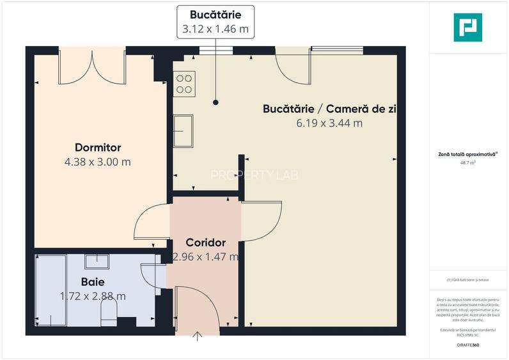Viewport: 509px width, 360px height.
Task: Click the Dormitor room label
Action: [x=98, y=148]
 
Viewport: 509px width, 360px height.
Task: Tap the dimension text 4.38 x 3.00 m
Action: [x=98, y=162]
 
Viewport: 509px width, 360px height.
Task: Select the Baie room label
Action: [x=93, y=281]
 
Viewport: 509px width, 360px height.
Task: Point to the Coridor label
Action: [x=206, y=243]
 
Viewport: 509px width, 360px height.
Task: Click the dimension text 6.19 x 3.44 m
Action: [x=329, y=123]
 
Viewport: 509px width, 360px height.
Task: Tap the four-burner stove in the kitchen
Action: [x=185, y=84]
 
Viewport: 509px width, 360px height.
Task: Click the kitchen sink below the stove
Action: [x=184, y=130]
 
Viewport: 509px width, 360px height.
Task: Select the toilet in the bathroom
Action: [x=109, y=312]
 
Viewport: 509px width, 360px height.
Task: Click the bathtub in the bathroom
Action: [x=51, y=289]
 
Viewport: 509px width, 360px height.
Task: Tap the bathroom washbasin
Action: [x=97, y=261]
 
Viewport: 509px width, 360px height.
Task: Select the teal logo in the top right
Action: [x=468, y=27]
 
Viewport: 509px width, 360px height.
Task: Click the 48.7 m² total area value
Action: [x=468, y=162]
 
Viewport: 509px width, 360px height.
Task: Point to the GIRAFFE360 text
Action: [x=468, y=345]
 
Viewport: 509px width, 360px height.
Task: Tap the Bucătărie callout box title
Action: [x=215, y=15]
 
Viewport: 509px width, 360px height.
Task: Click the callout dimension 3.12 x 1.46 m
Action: [x=215, y=29]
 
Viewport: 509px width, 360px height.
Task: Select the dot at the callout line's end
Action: [x=215, y=102]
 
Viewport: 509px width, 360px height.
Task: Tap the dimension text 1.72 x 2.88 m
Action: [x=93, y=296]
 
